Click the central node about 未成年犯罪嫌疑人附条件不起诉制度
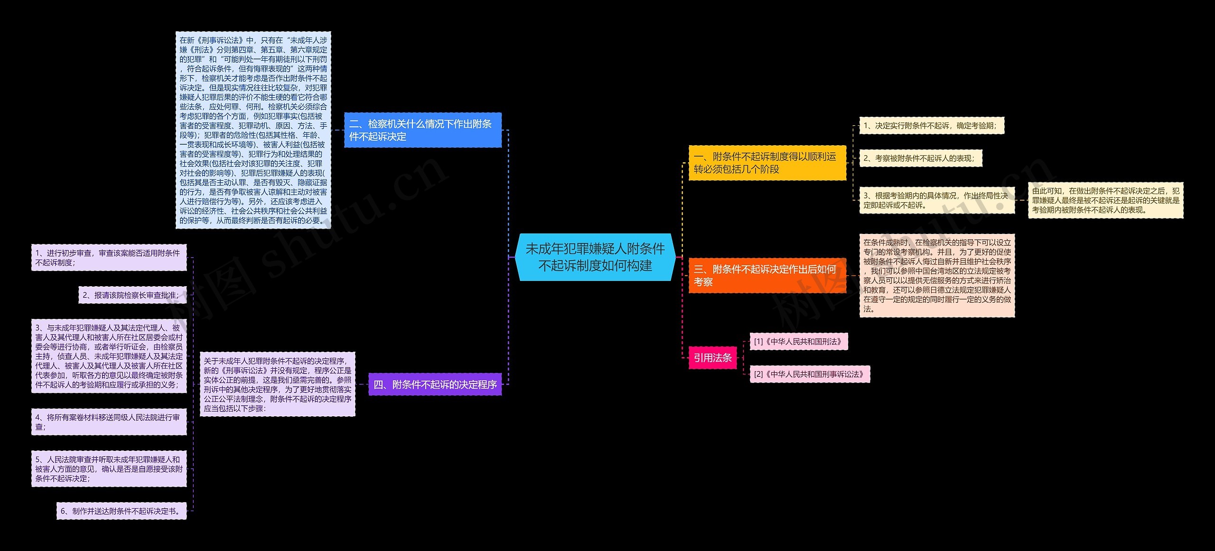tap(595, 257)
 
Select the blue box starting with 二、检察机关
tap(422, 130)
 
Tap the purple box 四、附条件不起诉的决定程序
tap(435, 384)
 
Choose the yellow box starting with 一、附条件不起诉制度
tap(767, 163)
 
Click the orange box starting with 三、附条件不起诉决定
tap(767, 275)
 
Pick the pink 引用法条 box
tap(713, 358)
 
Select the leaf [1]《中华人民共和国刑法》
tap(799, 342)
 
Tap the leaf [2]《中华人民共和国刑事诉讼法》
tap(810, 374)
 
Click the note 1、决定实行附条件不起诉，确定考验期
tap(932, 126)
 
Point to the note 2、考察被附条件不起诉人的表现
tap(921, 158)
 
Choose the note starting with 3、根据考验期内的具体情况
tap(937, 200)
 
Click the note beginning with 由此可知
tap(1105, 200)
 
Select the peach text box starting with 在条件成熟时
tap(937, 275)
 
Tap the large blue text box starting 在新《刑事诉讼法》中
tap(253, 130)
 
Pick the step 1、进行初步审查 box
tap(109, 258)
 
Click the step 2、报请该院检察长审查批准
tap(132, 295)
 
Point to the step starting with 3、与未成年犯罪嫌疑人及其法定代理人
tap(109, 356)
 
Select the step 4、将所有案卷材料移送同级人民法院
tap(109, 422)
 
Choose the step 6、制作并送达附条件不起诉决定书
tap(121, 511)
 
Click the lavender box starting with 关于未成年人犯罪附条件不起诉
tap(278, 384)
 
